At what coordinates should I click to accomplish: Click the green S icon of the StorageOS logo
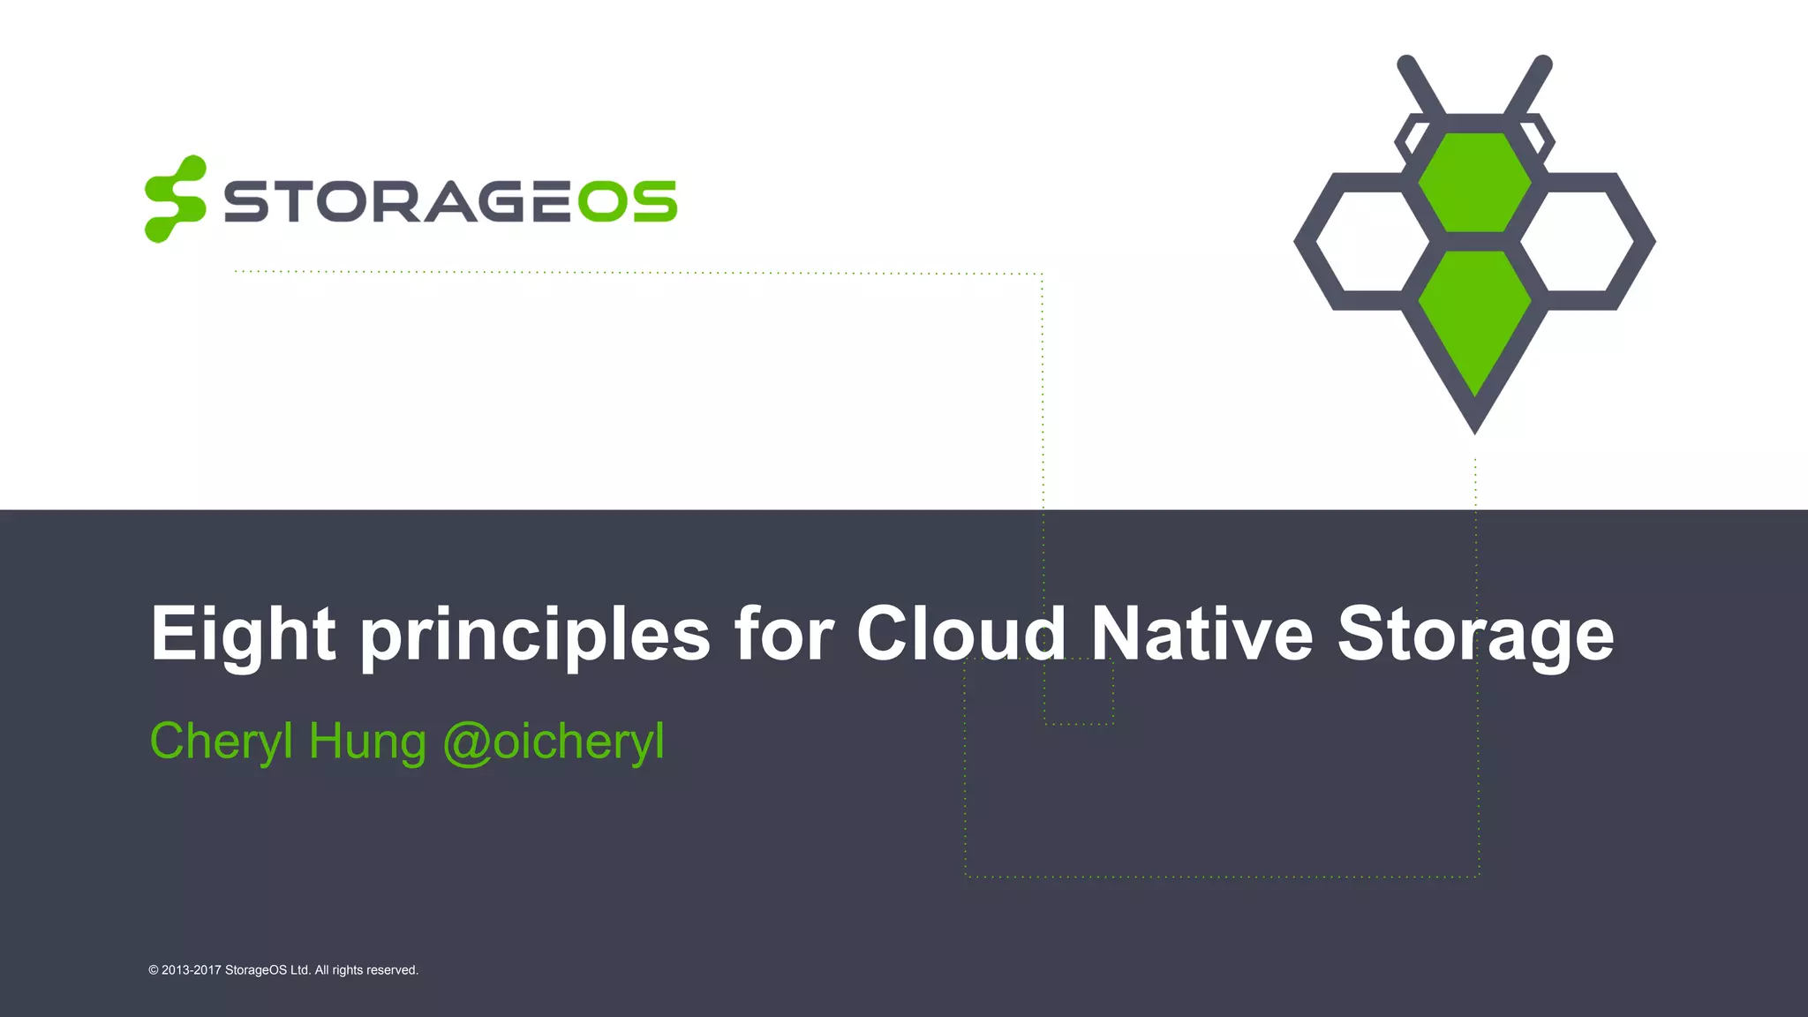coord(175,200)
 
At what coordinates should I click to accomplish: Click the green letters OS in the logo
coord(627,202)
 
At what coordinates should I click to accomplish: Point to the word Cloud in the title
coord(961,633)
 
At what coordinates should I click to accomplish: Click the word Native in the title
coord(1202,633)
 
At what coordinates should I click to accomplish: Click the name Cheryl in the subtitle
coord(221,742)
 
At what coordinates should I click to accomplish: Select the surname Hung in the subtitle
coord(367,742)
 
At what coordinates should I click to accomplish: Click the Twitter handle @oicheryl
coord(554,742)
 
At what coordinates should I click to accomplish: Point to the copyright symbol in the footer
coord(154,970)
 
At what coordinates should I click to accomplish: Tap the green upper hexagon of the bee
coord(1474,182)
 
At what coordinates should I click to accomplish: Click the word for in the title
coord(784,633)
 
